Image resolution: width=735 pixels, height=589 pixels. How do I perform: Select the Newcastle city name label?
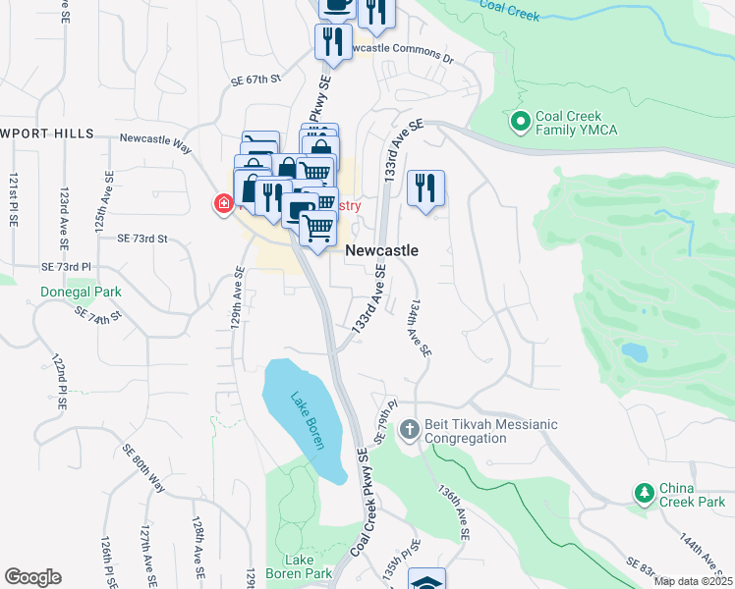381,250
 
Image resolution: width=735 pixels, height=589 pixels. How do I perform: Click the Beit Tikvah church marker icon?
410,430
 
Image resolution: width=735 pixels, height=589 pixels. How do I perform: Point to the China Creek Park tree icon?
644,491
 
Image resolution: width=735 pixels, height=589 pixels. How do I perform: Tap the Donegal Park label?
81,292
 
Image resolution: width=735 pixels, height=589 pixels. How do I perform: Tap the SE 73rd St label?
142,238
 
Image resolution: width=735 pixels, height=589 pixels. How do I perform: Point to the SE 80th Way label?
143,469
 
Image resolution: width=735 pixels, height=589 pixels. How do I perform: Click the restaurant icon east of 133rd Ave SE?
425,187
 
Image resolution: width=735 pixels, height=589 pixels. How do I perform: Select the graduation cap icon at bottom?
425,580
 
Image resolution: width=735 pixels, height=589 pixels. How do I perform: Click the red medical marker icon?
223,204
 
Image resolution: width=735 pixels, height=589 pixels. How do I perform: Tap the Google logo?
33,577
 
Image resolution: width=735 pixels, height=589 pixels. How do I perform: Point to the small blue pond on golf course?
635,350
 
